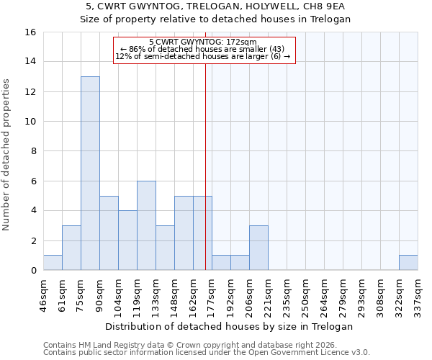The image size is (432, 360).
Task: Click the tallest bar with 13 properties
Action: tap(90, 174)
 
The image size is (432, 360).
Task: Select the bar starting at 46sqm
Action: tap(53, 263)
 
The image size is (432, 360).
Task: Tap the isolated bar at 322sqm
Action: tap(408, 263)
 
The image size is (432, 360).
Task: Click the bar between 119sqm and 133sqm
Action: tap(146, 225)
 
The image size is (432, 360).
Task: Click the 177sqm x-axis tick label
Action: tap(212, 293)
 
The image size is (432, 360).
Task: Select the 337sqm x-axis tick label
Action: tap(418, 293)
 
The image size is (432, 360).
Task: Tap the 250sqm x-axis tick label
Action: tap(306, 293)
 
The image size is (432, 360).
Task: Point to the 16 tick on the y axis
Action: tap(31, 32)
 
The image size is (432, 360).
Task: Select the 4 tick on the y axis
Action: tap(32, 211)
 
